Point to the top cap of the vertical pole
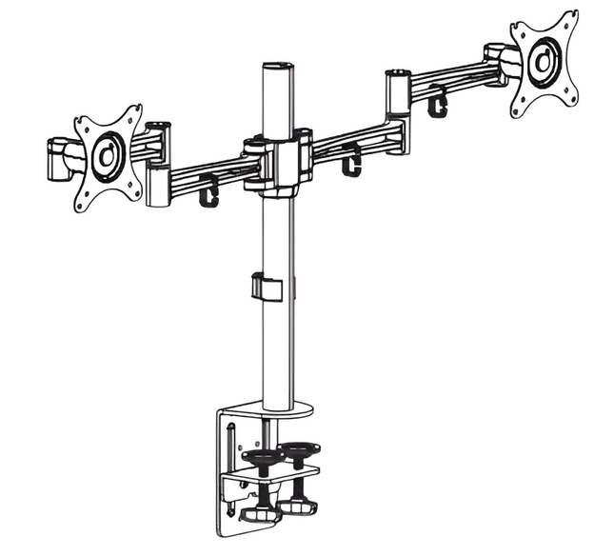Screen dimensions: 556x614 tap(276, 68)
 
